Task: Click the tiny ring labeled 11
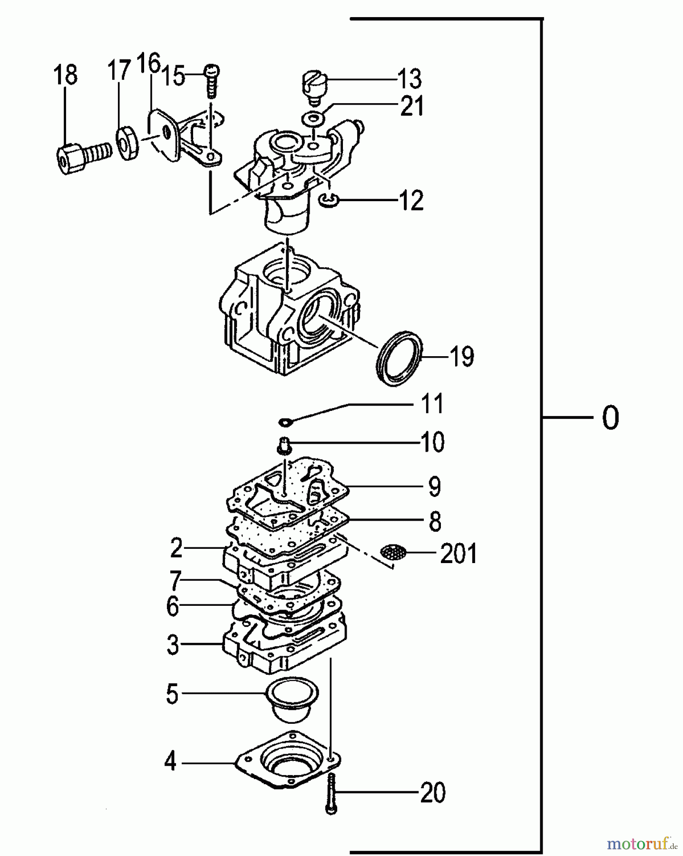[x=286, y=422]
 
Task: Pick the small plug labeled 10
[x=283, y=445]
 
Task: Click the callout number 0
[x=610, y=418]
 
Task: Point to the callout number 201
[x=458, y=554]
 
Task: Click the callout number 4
[x=170, y=762]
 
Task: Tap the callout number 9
[x=434, y=486]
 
